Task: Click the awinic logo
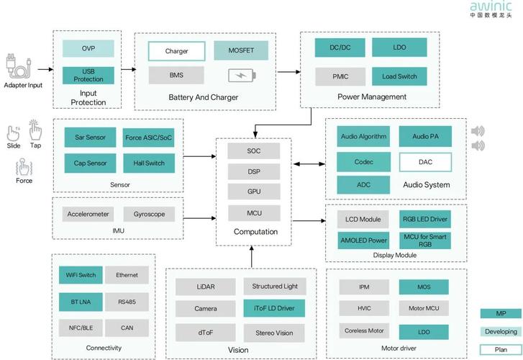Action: click(x=491, y=9)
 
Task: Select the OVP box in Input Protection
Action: click(x=88, y=48)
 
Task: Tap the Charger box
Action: click(x=176, y=51)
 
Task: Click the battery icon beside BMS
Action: click(x=242, y=76)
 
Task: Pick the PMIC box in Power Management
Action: click(x=340, y=76)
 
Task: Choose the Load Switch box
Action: click(x=399, y=76)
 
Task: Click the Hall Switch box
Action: click(x=149, y=163)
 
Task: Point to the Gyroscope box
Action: click(x=149, y=214)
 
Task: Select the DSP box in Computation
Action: click(x=254, y=171)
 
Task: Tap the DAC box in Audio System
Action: click(x=425, y=162)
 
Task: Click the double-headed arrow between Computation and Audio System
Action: click(x=309, y=164)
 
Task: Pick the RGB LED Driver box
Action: click(x=425, y=219)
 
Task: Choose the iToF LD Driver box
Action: click(x=274, y=308)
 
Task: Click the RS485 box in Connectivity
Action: click(x=127, y=302)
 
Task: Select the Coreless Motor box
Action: click(x=364, y=330)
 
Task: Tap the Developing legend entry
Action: click(x=501, y=332)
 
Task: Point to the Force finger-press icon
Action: click(x=24, y=167)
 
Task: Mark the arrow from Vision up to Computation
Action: click(x=252, y=256)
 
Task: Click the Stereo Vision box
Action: click(x=274, y=333)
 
